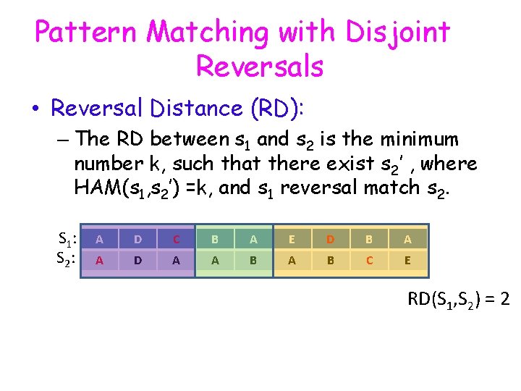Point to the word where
449,163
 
